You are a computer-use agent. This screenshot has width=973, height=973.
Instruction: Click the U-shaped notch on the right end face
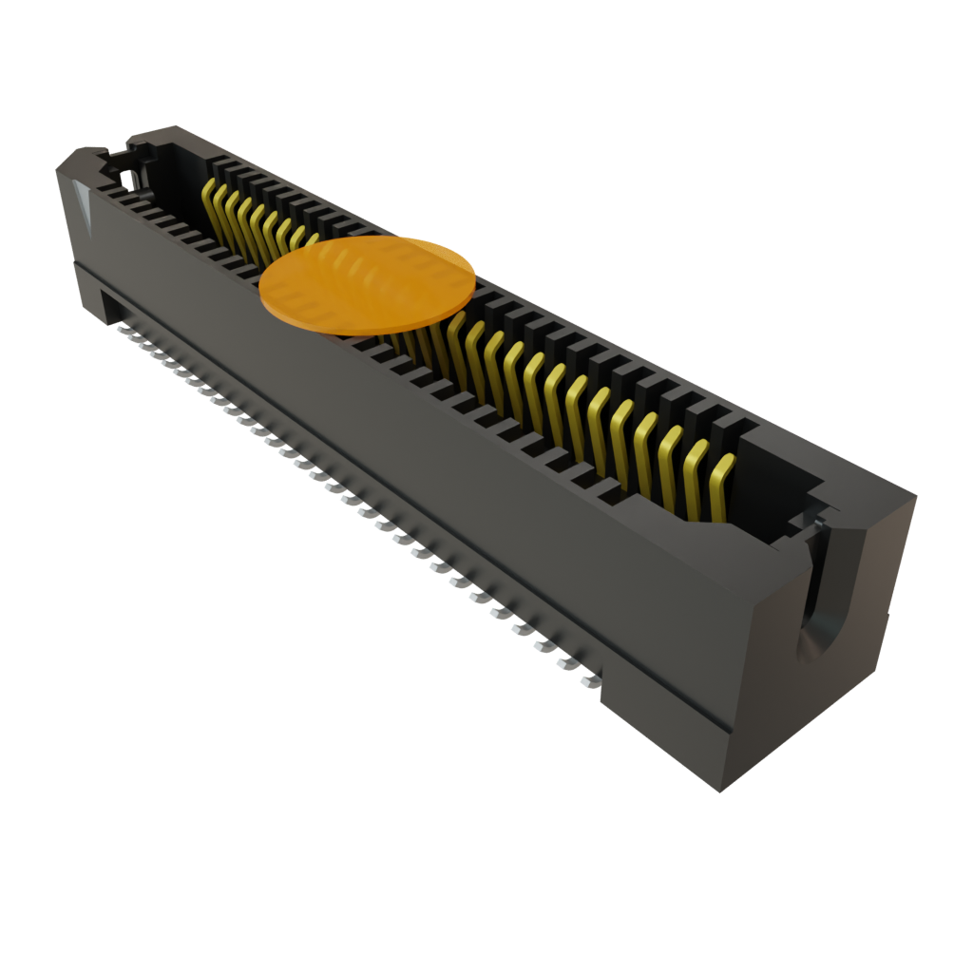click(x=815, y=608)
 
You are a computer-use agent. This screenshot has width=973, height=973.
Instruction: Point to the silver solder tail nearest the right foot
click(x=588, y=680)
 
